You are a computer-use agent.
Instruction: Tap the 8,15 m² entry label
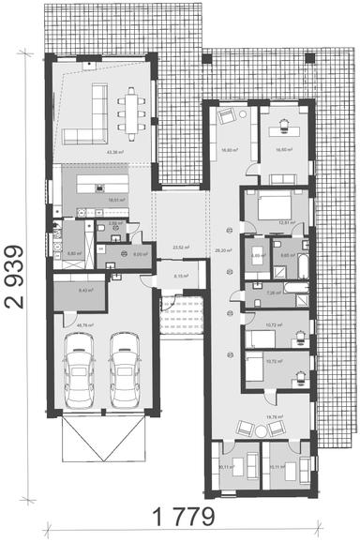tap(181, 277)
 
